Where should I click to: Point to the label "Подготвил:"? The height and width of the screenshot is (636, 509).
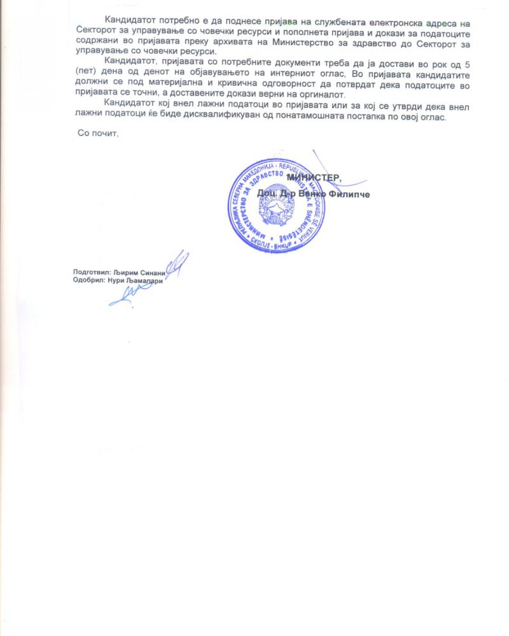point(92,271)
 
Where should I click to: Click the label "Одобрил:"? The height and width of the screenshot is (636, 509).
point(90,280)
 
